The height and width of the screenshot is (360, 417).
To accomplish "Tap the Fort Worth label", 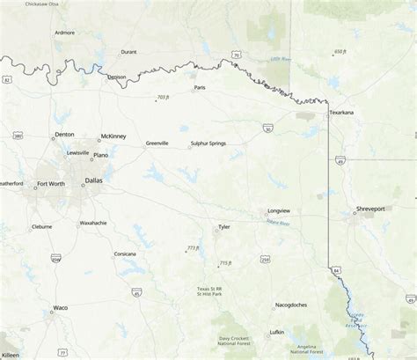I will click(x=49, y=183).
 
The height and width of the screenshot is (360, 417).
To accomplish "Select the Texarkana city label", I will click(x=341, y=114).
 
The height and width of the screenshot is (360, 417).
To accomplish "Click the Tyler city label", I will click(x=224, y=226).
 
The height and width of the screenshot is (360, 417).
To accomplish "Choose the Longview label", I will click(x=279, y=212).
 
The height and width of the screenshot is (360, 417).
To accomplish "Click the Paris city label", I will click(x=200, y=87).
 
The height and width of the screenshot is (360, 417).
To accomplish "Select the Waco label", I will click(x=60, y=307).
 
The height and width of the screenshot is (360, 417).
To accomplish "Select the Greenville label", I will click(x=157, y=143).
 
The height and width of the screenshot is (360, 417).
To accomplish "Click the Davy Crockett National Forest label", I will click(x=236, y=341).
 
